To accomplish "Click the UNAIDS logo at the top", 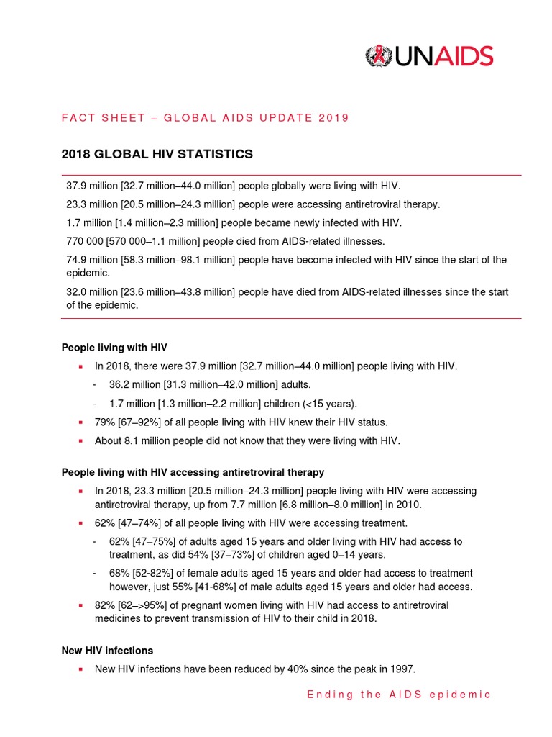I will (429, 56).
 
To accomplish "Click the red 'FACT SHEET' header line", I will (206, 118).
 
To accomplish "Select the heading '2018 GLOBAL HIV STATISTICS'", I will (157, 154).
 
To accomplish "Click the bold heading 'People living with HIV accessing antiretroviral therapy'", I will (193, 472).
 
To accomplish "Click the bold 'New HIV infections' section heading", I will (107, 650).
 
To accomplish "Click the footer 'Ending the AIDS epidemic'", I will (399, 695).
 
